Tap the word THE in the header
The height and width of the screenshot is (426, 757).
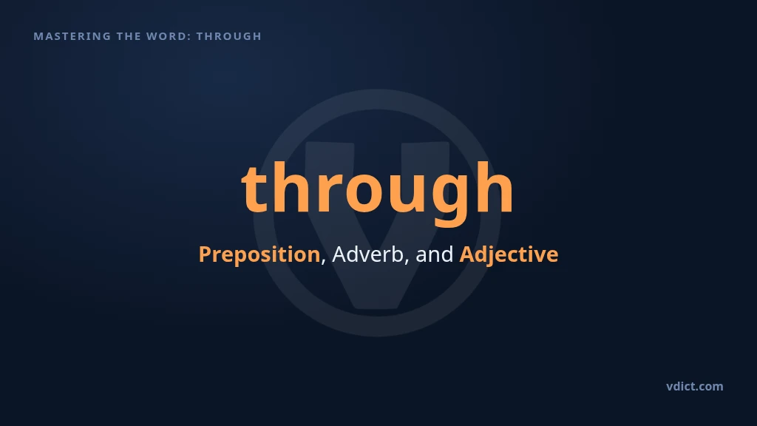click(x=129, y=36)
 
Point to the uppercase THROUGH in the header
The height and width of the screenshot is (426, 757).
click(x=229, y=36)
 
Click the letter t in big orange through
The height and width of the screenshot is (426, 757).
click(x=255, y=189)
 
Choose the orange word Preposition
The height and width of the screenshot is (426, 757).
click(x=259, y=254)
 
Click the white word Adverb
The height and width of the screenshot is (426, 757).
click(x=367, y=254)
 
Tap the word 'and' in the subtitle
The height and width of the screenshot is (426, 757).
click(x=435, y=254)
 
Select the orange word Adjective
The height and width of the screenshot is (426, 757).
click(x=509, y=254)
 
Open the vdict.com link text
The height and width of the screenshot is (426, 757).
click(x=695, y=386)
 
